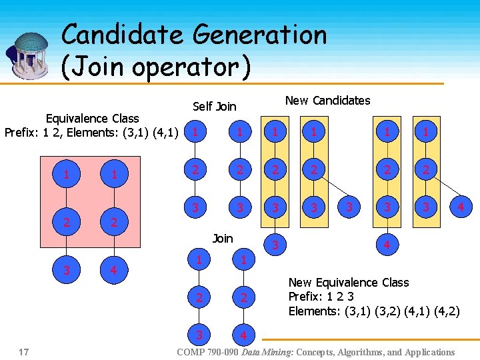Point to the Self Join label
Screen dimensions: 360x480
214,106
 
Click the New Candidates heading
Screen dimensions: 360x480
327,101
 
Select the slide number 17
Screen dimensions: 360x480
24,351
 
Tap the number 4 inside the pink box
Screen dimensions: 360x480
114,271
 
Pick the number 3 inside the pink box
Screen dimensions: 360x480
66,271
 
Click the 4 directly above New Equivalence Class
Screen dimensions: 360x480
386,245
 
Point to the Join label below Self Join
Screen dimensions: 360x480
222,238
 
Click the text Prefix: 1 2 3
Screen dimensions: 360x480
321,297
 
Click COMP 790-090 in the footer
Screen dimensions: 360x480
207,352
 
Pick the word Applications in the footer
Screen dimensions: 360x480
427,352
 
